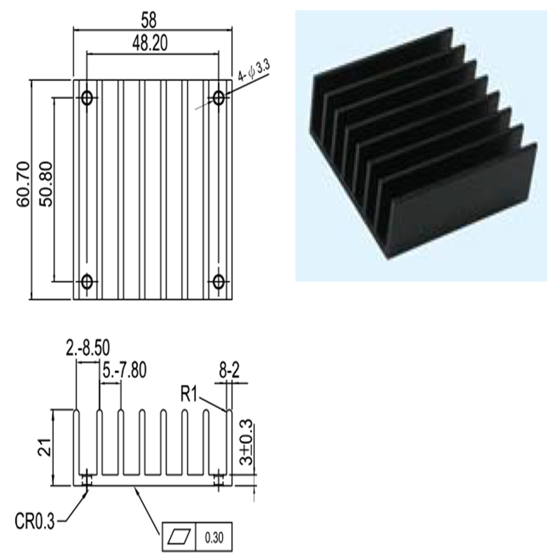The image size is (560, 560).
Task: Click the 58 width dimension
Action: point(148,20)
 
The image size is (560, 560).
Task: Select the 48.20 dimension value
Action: point(150,43)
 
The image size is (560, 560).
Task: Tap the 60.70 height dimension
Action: point(24,184)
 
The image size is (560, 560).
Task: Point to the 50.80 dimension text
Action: point(46,184)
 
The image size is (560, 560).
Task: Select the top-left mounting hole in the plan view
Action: point(87,97)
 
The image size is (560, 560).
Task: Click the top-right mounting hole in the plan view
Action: point(218,97)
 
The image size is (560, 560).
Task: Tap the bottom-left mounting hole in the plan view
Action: point(87,282)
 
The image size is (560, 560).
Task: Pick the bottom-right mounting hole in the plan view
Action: point(218,282)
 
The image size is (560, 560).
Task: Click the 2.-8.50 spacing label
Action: point(87,348)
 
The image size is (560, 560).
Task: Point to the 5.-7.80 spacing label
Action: point(125,370)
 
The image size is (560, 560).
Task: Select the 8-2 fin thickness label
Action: point(230,372)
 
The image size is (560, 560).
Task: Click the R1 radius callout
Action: point(189,395)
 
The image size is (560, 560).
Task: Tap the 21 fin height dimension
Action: point(45,447)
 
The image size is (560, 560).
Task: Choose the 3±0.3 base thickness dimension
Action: point(246,442)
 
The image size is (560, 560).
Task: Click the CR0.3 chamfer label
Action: point(35,521)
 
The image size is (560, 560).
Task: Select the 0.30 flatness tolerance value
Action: point(214,538)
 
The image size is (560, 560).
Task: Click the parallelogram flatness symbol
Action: point(179,537)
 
